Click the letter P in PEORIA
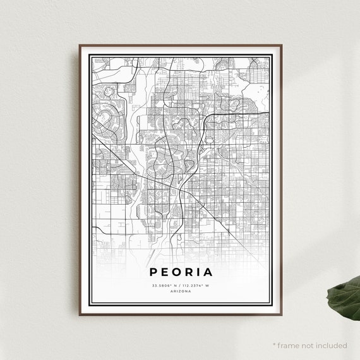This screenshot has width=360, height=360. click(x=154, y=273)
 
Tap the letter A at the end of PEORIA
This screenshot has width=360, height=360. click(x=208, y=273)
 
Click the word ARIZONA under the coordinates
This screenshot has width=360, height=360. click(x=180, y=291)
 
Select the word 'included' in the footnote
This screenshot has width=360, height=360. click(x=332, y=345)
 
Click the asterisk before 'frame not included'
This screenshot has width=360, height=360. click(x=274, y=345)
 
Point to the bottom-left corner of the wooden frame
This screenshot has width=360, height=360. click(x=80, y=313)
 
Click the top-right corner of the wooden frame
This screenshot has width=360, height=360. click(x=280, y=45)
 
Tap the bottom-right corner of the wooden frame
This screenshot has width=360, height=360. click(x=280, y=313)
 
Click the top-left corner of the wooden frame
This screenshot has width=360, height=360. click(x=80, y=45)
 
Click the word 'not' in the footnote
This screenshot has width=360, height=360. click(x=309, y=345)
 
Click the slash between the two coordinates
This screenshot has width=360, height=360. click(x=180, y=285)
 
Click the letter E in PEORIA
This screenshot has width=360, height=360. click(x=165, y=273)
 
